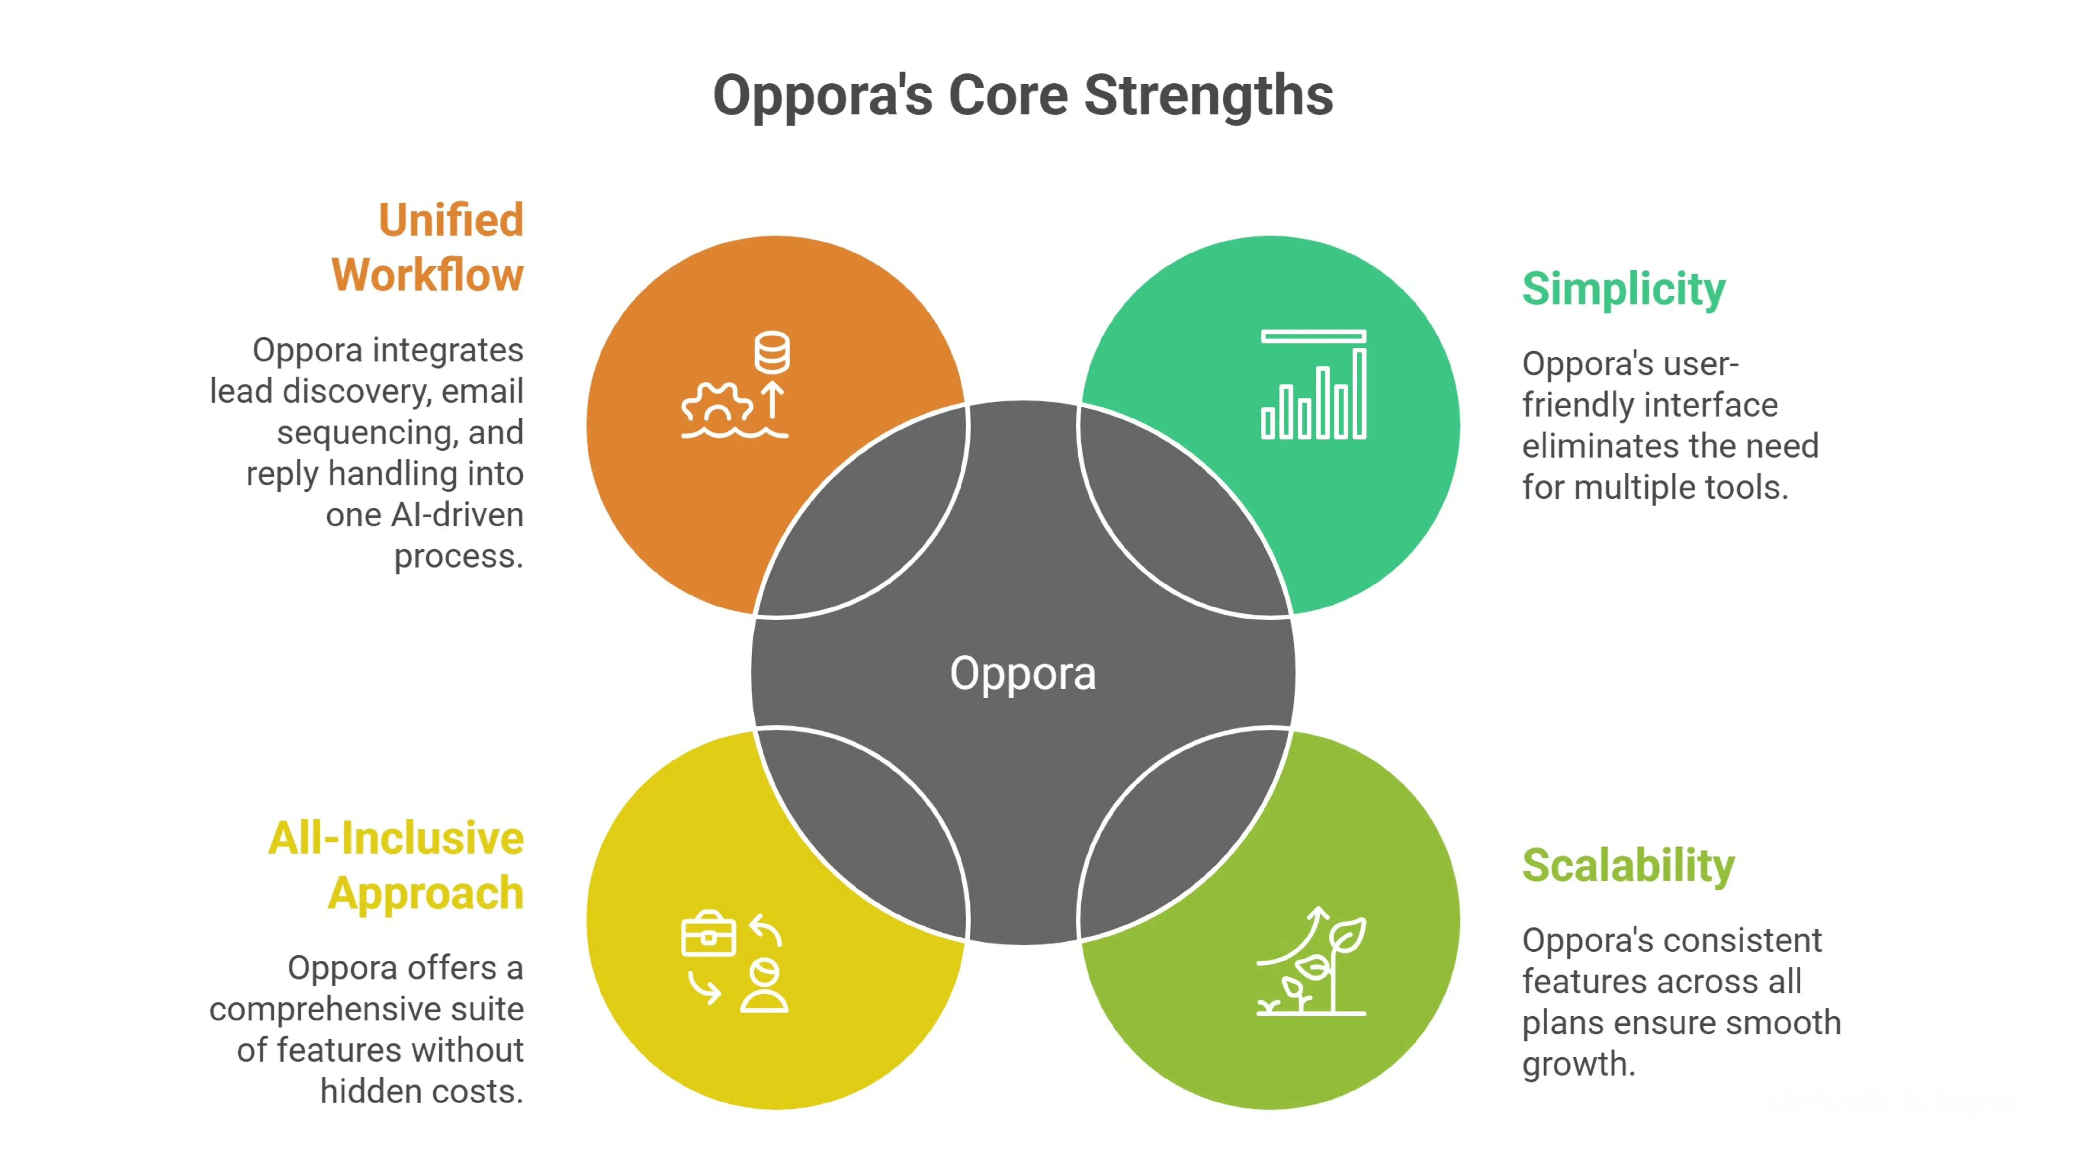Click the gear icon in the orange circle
[717, 405]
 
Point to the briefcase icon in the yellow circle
[708, 934]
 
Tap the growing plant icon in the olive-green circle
[1321, 966]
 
